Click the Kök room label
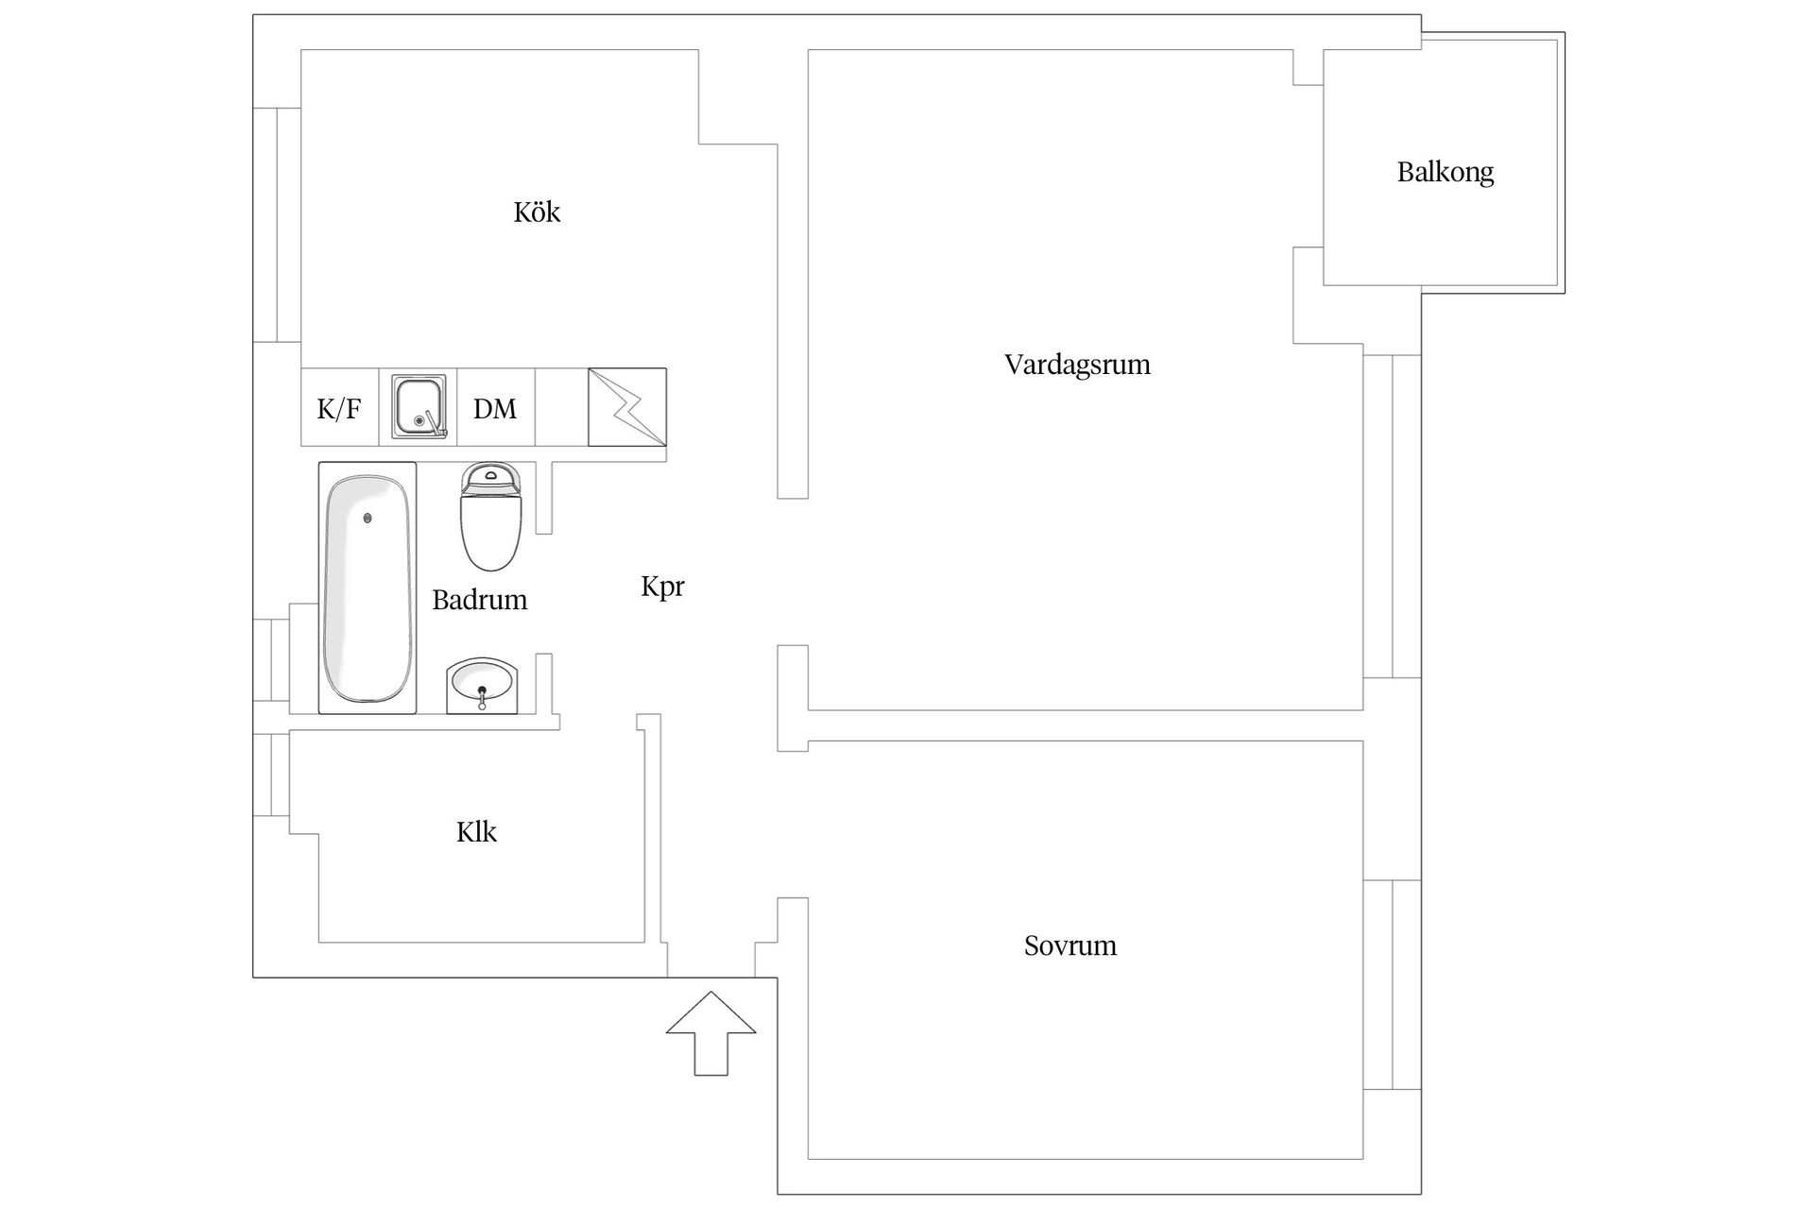537,212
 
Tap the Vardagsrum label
1077,365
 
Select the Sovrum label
1070,945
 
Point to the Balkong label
1446,173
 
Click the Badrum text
479,600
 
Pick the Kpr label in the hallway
662,587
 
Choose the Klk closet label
476,832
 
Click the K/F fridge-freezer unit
339,407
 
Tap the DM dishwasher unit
496,407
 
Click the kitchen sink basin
419,407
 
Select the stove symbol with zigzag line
627,407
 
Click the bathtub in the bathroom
368,587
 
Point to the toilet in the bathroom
491,517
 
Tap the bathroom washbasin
482,685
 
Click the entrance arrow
711,1033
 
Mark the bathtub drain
368,518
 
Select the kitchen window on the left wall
277,225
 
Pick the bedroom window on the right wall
1392,984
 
